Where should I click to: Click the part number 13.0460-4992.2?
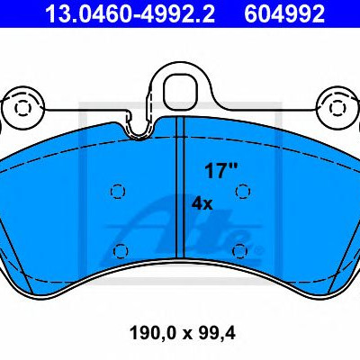point(130,13)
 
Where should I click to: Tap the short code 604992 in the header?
point(284,13)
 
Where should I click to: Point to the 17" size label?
point(220,171)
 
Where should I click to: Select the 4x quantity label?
point(202,204)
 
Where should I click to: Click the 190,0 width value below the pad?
point(151,333)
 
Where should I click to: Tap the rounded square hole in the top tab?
point(181,90)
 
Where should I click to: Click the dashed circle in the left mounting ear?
point(22,108)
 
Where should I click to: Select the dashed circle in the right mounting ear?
point(337,108)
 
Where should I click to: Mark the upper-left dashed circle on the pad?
point(118,191)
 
